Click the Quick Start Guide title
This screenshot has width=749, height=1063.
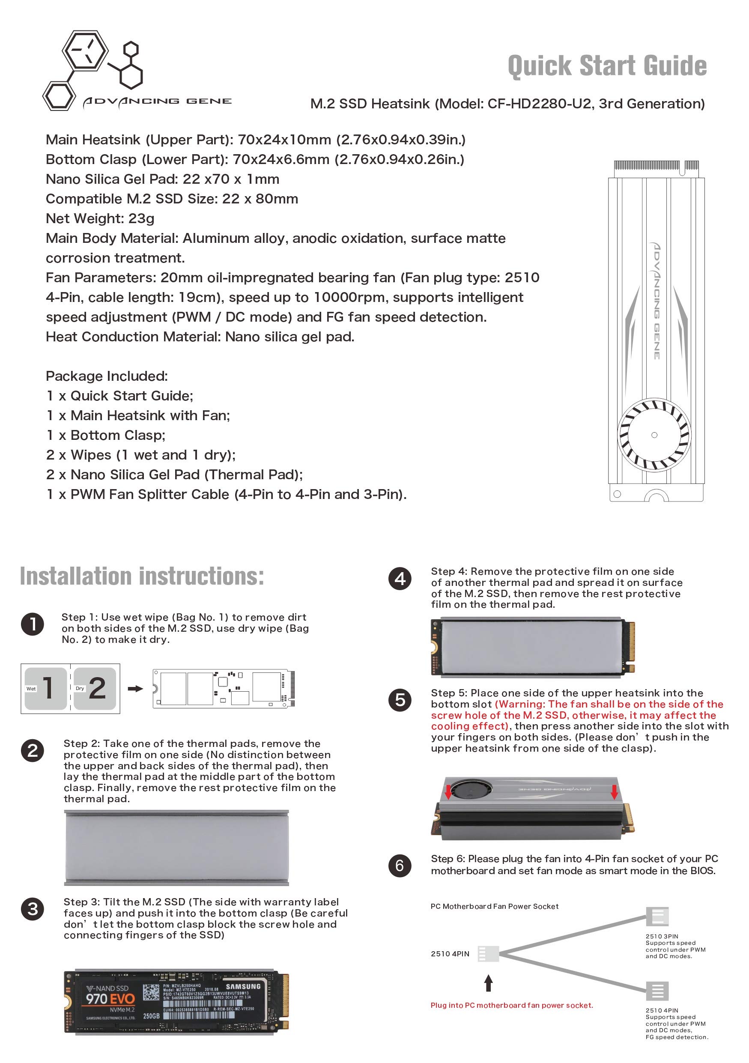click(607, 66)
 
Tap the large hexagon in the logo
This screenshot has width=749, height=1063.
click(85, 50)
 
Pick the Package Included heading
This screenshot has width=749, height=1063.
click(107, 376)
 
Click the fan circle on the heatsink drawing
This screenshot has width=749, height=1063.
click(654, 435)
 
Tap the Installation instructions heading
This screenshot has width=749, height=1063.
click(142, 576)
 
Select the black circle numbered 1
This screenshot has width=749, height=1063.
click(33, 624)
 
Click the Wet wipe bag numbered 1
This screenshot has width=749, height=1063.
click(46, 688)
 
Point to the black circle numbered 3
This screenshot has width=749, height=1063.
click(33, 909)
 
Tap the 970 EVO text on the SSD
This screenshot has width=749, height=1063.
click(110, 999)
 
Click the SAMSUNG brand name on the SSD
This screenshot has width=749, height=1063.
click(243, 986)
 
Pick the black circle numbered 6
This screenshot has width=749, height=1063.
click(400, 866)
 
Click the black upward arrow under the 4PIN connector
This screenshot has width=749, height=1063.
click(488, 983)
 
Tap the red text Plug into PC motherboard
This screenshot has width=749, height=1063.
click(511, 1005)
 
